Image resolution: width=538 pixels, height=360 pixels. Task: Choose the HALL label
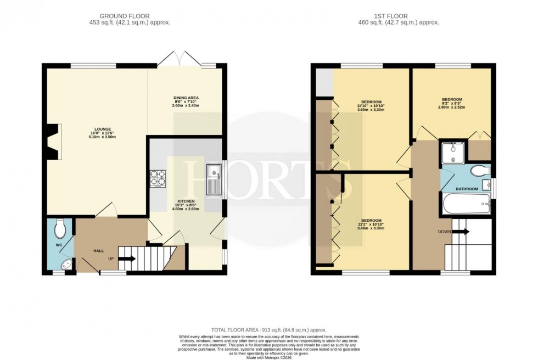click(98, 251)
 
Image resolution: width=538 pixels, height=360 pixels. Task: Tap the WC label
click(59, 245)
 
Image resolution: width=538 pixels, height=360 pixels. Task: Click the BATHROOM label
click(466, 189)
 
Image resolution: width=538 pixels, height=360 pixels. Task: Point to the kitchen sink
click(212, 180)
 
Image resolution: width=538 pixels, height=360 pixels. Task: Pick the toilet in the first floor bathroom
click(481, 170)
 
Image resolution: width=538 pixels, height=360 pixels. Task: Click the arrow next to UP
click(127, 258)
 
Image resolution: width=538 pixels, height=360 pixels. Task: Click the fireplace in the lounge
click(53, 142)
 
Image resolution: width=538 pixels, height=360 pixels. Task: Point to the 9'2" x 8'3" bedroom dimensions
click(453, 105)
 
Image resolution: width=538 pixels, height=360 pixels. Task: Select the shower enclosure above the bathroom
click(453, 153)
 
